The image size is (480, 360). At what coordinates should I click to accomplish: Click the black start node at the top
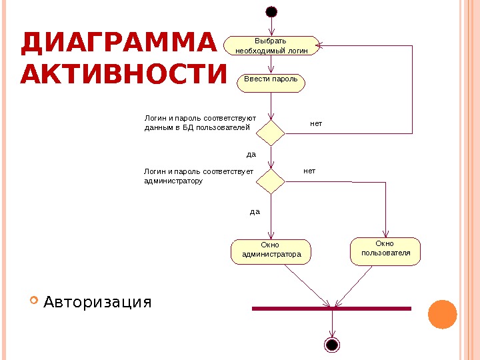(x=271, y=11)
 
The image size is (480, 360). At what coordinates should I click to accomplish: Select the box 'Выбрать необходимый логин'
(x=271, y=45)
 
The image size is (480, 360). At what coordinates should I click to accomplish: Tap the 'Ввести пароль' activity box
(x=271, y=82)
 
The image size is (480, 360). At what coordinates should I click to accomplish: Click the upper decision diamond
(x=271, y=132)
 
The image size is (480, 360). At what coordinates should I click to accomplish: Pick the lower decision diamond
(x=271, y=181)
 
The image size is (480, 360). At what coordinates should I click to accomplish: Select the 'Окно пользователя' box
(x=385, y=250)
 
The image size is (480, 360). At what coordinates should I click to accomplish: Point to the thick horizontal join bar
(x=331, y=309)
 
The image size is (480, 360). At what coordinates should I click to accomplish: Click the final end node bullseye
(x=331, y=344)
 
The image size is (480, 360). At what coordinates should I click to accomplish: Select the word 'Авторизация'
(x=97, y=303)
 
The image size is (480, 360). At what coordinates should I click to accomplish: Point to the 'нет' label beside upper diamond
(x=316, y=124)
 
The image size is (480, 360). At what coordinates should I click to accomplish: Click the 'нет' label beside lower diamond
(x=309, y=171)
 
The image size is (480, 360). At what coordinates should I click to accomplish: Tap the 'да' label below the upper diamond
(x=251, y=154)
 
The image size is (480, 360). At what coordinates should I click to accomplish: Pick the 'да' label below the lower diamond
(x=255, y=211)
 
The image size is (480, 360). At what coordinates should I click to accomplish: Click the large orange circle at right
(x=441, y=314)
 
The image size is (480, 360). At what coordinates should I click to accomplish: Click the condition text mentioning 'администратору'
(x=199, y=176)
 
